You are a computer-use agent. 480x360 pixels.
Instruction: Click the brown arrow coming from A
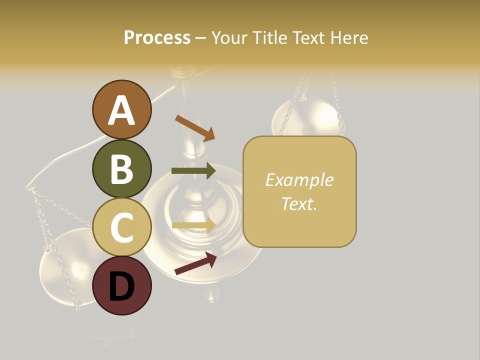click(x=195, y=127)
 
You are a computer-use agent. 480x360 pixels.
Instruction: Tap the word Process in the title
click(x=157, y=38)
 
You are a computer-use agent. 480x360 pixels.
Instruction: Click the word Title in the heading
click(x=270, y=38)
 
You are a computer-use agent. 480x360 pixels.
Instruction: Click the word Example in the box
click(x=299, y=180)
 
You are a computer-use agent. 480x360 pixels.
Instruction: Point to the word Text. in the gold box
click(x=299, y=203)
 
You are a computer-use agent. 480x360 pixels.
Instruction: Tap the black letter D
click(x=122, y=287)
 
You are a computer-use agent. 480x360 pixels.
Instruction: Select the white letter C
click(x=122, y=228)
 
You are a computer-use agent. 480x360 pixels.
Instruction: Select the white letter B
click(x=122, y=169)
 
